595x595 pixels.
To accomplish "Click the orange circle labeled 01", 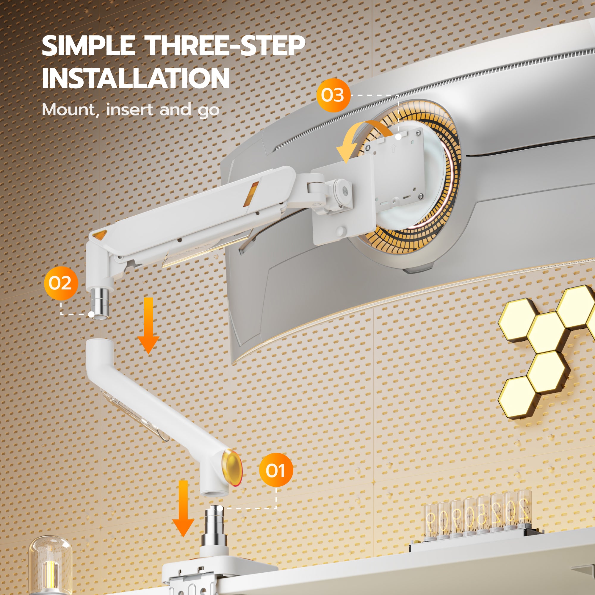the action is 276,470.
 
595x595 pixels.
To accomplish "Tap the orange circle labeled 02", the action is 61,283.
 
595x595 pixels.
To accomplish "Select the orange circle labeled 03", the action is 333,95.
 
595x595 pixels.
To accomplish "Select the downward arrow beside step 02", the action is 148,325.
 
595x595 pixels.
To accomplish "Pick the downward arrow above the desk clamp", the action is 183,508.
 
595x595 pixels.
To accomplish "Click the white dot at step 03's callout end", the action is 399,137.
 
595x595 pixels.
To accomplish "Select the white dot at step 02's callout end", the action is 91,314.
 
